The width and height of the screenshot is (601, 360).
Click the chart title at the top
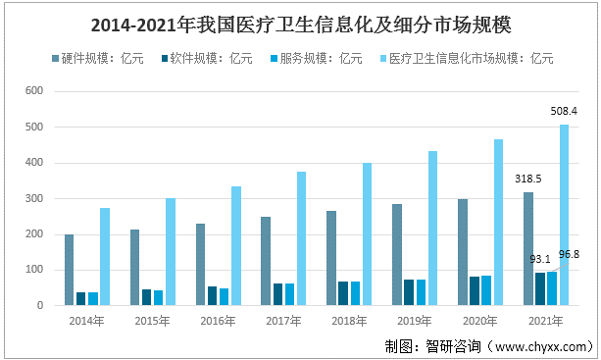(x=300, y=21)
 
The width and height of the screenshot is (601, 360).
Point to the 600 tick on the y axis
(x=34, y=91)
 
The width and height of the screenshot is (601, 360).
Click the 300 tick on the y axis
(x=34, y=198)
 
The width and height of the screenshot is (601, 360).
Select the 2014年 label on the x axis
(x=87, y=320)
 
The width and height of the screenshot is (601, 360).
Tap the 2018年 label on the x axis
(x=349, y=320)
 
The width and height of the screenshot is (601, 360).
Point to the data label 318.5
(x=528, y=179)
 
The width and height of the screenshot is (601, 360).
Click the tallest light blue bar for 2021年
(x=563, y=215)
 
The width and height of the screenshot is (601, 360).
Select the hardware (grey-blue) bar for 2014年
(x=70, y=270)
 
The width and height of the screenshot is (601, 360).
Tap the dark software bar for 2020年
(x=475, y=290)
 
